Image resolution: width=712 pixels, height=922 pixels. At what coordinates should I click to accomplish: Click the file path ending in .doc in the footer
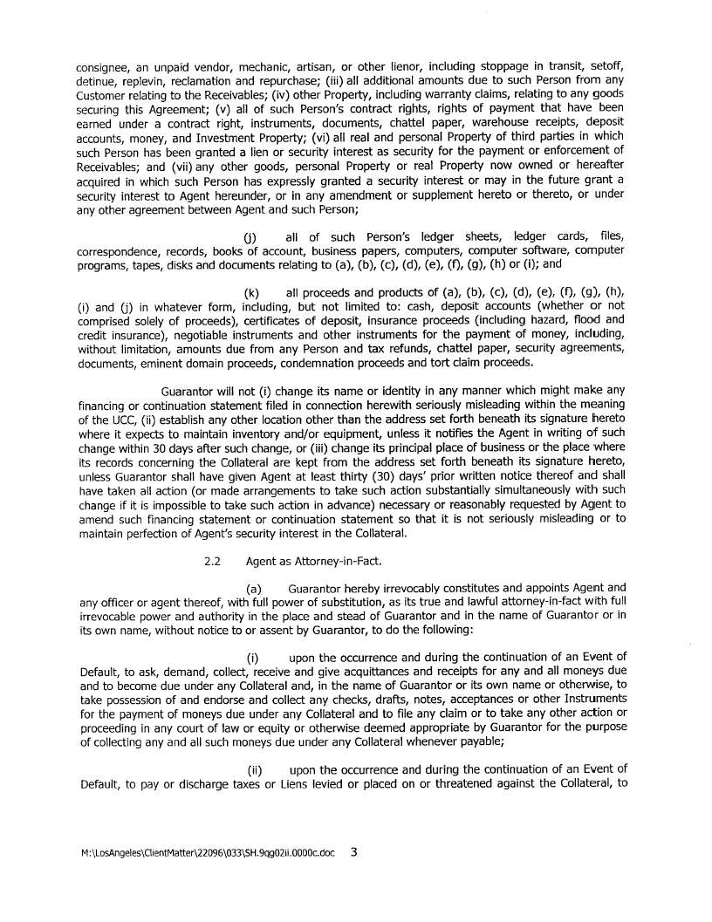[206, 854]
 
